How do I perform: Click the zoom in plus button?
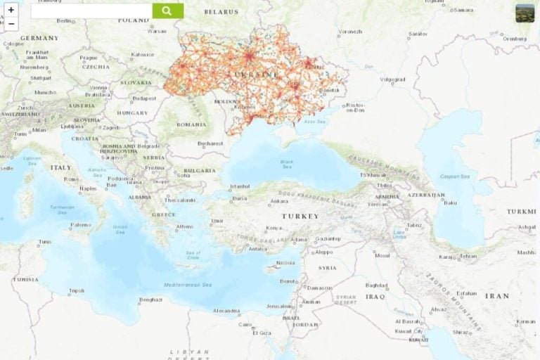tap(11, 10)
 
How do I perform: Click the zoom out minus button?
tap(11, 24)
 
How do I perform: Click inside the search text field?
tap(91, 11)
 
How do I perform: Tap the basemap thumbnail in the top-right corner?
tap(525, 13)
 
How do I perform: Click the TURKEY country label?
tap(300, 216)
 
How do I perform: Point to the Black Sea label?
tap(287, 163)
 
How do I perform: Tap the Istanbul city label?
tap(240, 186)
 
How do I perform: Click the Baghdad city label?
tap(376, 285)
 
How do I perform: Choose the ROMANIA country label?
tap(191, 124)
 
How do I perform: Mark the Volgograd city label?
tap(392, 79)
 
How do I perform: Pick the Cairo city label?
tap(245, 324)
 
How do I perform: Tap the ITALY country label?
tap(60, 168)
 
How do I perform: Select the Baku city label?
tap(450, 202)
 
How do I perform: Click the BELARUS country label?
tap(221, 12)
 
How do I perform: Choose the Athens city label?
tap(184, 226)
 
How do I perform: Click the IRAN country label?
tap(496, 296)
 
